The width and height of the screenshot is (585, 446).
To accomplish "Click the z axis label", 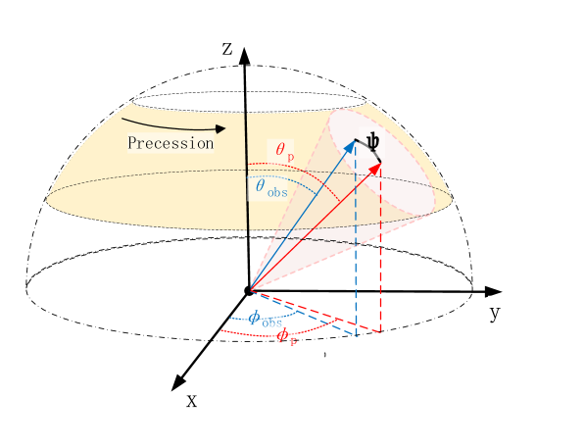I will (226, 49).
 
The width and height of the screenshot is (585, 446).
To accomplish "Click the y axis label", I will (495, 313).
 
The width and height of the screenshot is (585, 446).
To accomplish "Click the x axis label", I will (191, 400).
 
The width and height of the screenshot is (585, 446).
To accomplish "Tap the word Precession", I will (171, 143).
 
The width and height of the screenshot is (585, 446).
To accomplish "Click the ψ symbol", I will (372, 143).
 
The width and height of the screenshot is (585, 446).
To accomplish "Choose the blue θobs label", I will (267, 185).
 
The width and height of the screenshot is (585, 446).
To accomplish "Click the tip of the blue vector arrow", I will (354, 142).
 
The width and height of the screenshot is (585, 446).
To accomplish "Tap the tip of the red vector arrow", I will (378, 163).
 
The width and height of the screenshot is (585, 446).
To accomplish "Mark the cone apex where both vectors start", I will (251, 290).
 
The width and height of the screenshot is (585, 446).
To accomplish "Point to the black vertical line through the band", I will (246, 172).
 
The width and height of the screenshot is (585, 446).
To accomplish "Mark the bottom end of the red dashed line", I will (380, 330).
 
